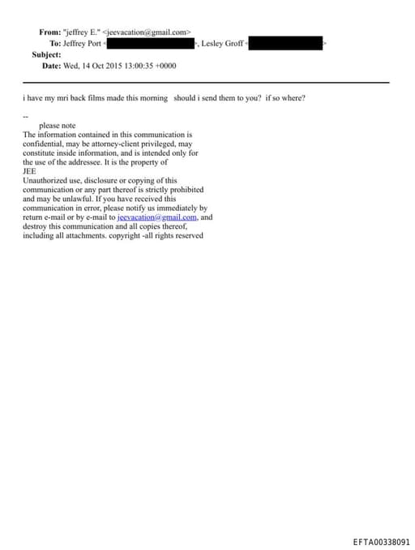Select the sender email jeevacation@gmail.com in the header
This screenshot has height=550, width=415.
click(x=148, y=32)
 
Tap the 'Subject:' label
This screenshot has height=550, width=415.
click(x=46, y=54)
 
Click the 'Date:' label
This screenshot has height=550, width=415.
click(x=52, y=66)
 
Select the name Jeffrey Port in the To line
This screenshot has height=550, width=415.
click(x=83, y=43)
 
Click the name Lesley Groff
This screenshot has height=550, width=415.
click(x=222, y=43)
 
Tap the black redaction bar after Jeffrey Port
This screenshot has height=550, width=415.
click(x=151, y=43)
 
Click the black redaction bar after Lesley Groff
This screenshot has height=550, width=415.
click(x=285, y=43)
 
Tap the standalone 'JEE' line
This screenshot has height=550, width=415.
click(x=30, y=171)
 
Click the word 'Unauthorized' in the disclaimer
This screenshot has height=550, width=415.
click(x=47, y=180)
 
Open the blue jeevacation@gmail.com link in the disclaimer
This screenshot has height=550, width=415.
click(x=157, y=217)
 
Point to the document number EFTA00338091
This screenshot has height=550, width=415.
click(x=381, y=541)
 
